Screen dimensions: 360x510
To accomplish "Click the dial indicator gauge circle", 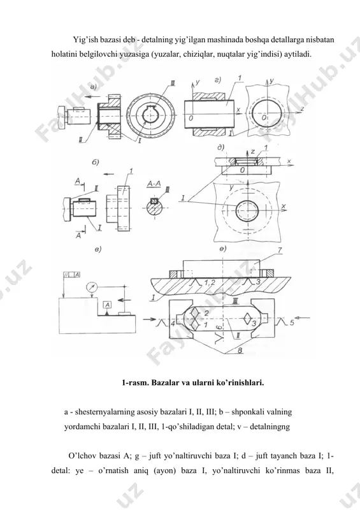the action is tap(92, 288).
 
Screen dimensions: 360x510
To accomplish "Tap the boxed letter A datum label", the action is tap(107, 305).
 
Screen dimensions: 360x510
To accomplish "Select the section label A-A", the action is tap(154, 184).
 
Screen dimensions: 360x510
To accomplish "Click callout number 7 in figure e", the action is tap(280, 250).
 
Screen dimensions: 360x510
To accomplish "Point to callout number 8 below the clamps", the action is tap(240, 351).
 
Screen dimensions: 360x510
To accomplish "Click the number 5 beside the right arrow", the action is tap(292, 323).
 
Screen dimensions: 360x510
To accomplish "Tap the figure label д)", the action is tap(221, 147).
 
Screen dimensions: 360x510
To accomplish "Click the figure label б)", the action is tap(96, 163).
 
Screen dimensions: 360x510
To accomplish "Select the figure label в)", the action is tap(98, 249).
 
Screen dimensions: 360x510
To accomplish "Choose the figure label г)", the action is tap(218, 80).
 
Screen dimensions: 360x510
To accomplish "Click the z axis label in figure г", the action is tap(302, 109).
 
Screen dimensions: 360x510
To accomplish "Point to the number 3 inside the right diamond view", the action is tap(254, 323).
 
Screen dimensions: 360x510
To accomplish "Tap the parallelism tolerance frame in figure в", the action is tap(71, 275).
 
